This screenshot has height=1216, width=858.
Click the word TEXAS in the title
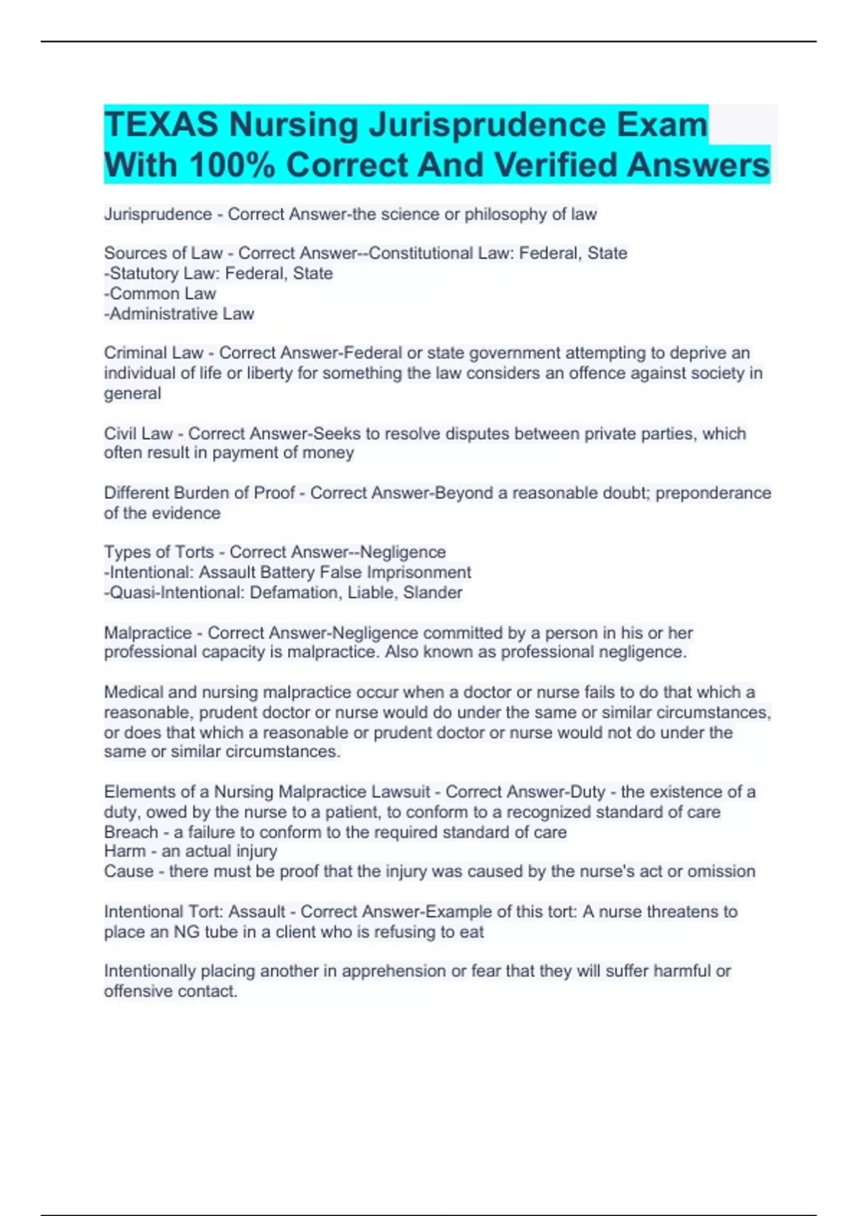tap(162, 125)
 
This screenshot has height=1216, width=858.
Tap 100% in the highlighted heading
tap(232, 165)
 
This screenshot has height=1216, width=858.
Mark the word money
tap(330, 453)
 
